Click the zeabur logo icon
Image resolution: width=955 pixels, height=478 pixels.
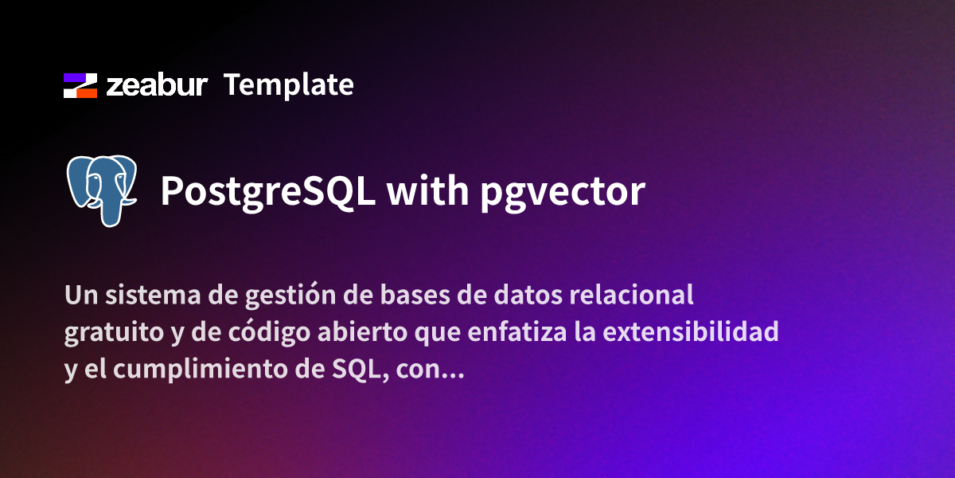[80, 85]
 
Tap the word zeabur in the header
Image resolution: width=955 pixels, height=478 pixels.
[157, 85]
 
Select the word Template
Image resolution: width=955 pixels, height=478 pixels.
[288, 85]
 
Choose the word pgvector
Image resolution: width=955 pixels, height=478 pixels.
[562, 192]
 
